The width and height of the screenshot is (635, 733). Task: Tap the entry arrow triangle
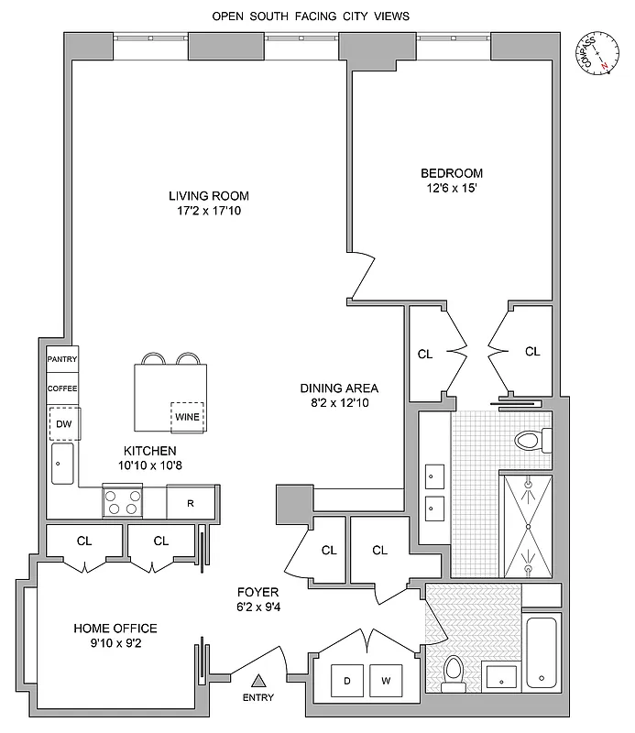[x=259, y=679]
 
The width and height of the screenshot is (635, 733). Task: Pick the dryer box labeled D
[x=348, y=681]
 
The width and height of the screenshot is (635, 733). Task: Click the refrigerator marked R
[x=191, y=503]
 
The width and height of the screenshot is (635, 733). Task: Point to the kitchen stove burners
[x=122, y=503]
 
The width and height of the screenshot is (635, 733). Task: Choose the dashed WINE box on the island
[x=187, y=417]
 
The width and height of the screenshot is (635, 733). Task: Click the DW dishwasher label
[x=63, y=423]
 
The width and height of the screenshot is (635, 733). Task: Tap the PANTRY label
[x=62, y=359]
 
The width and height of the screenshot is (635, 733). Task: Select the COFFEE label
[x=62, y=388]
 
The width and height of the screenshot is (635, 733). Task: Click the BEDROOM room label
[x=452, y=173]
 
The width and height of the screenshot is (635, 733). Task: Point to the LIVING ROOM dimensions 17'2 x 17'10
[x=209, y=211]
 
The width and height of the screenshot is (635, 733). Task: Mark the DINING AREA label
[x=339, y=388]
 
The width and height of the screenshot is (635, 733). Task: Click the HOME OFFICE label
[x=115, y=629]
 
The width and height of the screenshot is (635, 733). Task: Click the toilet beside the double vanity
[x=530, y=441]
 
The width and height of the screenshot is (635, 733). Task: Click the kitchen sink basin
[x=62, y=464]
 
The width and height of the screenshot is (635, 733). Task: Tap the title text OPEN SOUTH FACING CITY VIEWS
[x=311, y=16]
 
